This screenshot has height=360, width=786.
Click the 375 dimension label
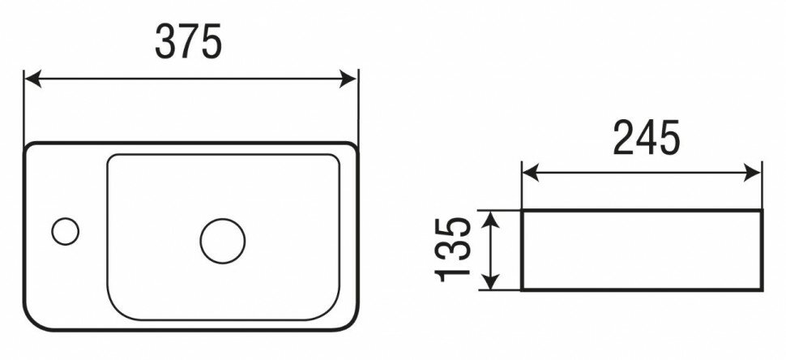pyautogui.click(x=188, y=42)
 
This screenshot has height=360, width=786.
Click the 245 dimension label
pyautogui.click(x=646, y=139)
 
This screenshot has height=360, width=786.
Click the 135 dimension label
pyautogui.click(x=452, y=249)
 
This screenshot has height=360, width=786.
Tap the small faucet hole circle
pyautogui.click(x=65, y=231)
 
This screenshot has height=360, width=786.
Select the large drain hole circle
pyautogui.click(x=223, y=241)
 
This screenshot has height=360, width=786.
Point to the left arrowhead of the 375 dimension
pyautogui.click(x=31, y=79)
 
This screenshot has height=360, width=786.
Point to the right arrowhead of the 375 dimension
pyautogui.click(x=351, y=79)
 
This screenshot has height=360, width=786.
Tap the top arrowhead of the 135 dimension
pyautogui.click(x=490, y=216)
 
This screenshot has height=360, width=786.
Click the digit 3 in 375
pyautogui.click(x=165, y=42)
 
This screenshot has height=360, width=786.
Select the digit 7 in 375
pyautogui.click(x=188, y=42)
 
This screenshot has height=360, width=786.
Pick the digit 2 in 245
pyautogui.click(x=623, y=139)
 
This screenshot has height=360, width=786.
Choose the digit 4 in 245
pyautogui.click(x=646, y=139)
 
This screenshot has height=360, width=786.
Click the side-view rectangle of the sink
pyautogui.click(x=641, y=250)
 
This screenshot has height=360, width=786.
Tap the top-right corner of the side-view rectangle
pyautogui.click(x=761, y=211)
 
